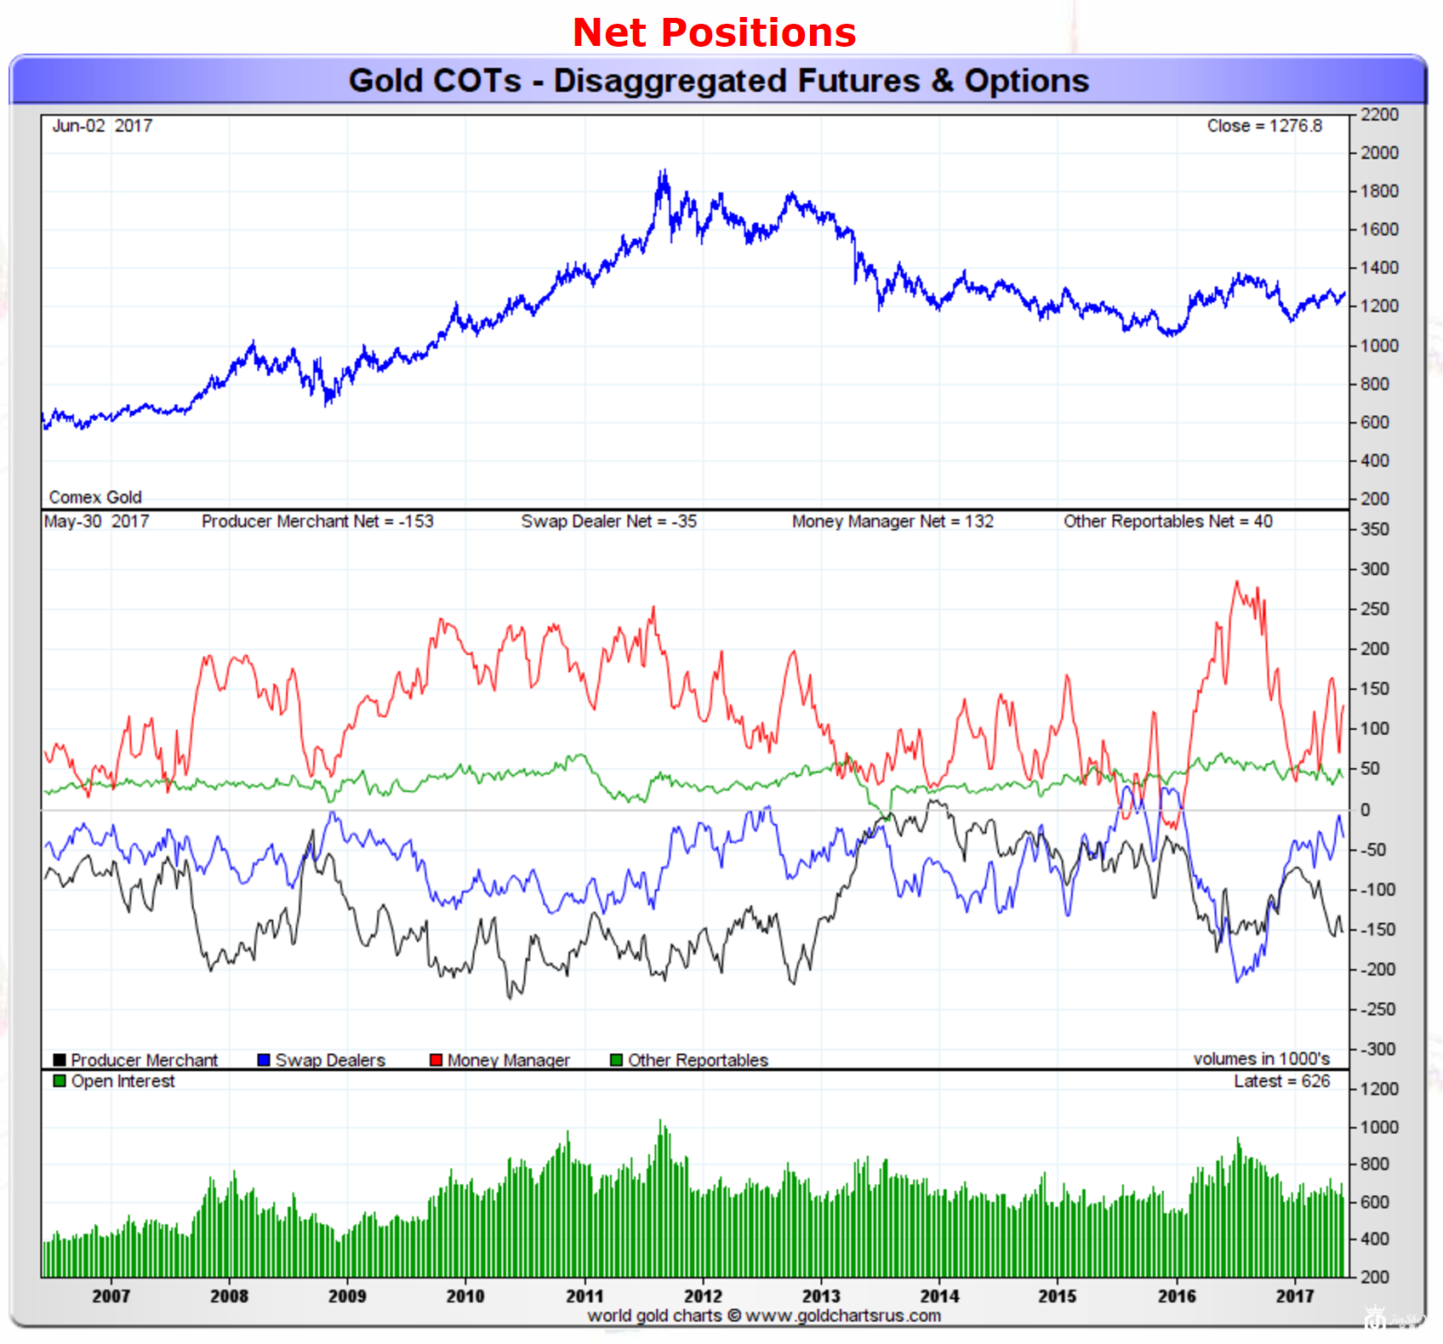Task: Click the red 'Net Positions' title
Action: click(x=714, y=33)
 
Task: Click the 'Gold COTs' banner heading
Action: click(x=718, y=81)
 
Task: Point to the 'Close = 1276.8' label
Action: click(x=1263, y=126)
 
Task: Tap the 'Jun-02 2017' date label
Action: click(x=102, y=126)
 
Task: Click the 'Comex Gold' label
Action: click(x=95, y=497)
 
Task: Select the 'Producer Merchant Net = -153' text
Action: click(x=317, y=521)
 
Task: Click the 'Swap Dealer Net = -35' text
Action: click(x=608, y=521)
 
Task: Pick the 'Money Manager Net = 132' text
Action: click(x=893, y=521)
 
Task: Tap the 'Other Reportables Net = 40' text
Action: click(x=1167, y=521)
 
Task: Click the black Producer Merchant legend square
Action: click(x=60, y=1060)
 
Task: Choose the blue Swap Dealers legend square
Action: click(x=264, y=1060)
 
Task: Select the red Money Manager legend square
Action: click(x=436, y=1060)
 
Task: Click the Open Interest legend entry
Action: click(x=114, y=1081)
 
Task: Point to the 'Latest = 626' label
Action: click(x=1281, y=1081)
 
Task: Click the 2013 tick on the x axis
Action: click(x=821, y=1296)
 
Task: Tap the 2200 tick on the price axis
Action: click(x=1379, y=115)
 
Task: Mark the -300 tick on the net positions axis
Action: click(x=1377, y=1049)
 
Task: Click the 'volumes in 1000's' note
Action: click(x=1261, y=1059)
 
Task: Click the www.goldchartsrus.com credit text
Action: click(x=842, y=1316)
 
